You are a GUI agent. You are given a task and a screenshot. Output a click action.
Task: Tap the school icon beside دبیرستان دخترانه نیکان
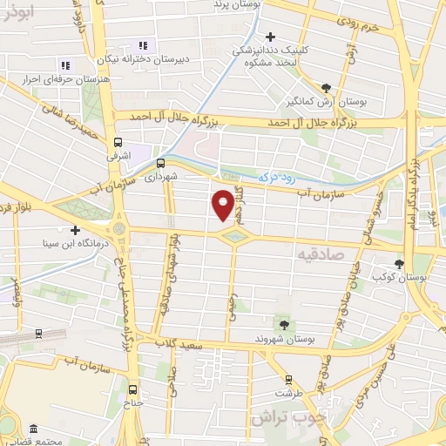pos(143,44)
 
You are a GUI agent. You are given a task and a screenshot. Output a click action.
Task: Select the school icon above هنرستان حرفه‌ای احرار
pos(64,64)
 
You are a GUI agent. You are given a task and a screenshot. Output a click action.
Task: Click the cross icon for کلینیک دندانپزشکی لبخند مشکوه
pos(271,37)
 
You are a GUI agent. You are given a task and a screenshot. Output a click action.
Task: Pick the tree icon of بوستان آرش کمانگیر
pos(326,87)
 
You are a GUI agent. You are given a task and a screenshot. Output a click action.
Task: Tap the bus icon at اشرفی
pos(118,143)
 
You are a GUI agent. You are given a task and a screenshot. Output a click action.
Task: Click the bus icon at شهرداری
pos(160,162)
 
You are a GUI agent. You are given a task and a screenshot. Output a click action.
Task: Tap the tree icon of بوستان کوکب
pos(400,262)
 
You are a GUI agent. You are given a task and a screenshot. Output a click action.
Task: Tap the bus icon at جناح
pos(132,389)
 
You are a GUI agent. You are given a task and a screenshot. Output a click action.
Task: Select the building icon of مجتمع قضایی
pos(33,429)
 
